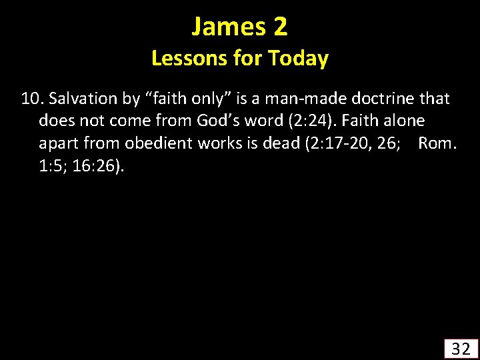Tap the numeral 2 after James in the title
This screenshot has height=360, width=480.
point(280,27)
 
